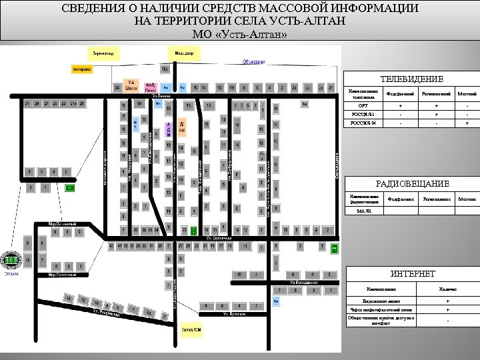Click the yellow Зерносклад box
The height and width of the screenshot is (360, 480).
point(103,51)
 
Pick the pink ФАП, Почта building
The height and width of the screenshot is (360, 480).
point(151,86)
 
